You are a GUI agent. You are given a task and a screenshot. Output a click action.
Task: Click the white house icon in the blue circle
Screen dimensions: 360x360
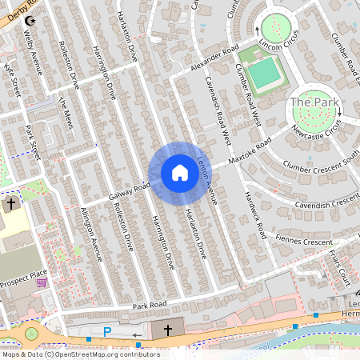tap(179, 173)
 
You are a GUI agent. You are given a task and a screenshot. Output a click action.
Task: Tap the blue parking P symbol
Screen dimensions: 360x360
tap(107, 331)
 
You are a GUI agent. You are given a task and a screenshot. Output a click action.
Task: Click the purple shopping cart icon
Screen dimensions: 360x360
tap(42, 281)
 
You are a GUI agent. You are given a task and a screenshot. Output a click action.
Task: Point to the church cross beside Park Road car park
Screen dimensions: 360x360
tap(169, 330)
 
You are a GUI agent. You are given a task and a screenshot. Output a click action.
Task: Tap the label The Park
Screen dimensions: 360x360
tap(310, 102)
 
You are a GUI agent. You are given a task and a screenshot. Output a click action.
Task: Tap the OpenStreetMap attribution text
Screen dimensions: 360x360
tap(80, 354)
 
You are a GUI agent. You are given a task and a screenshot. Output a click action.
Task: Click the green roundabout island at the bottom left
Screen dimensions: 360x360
tap(30, 334)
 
